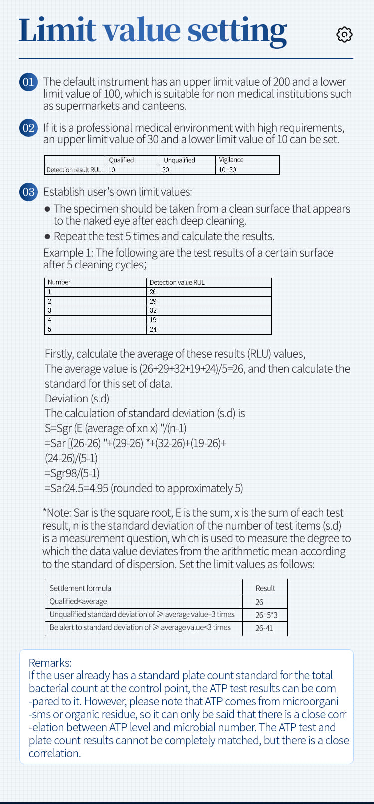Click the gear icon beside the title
344,34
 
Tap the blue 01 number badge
28,82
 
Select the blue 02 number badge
28,128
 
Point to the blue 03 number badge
28,192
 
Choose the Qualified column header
121,160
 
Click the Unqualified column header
179,160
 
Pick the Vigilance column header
231,160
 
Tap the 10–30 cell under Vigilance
227,170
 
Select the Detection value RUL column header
177,282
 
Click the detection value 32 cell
153,310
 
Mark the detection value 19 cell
153,320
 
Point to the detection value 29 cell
153,301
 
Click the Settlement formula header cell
80,588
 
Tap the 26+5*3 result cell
266,615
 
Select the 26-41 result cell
264,628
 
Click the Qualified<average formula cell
78,601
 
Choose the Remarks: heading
50,663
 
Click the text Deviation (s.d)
77,399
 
